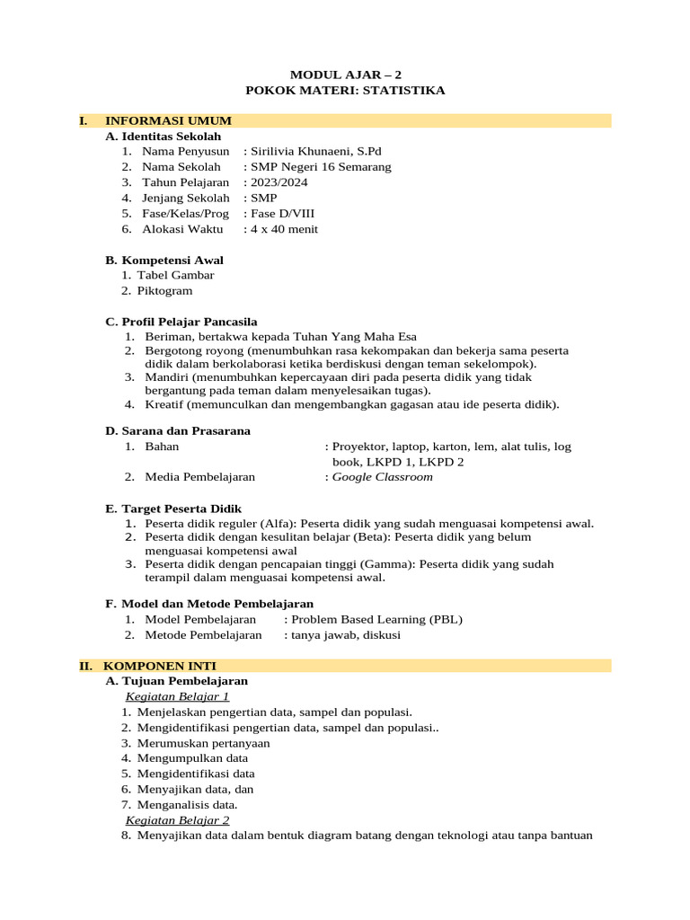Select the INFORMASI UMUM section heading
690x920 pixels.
coord(168,120)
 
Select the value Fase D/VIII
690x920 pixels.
coord(282,214)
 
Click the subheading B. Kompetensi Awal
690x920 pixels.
coord(164,261)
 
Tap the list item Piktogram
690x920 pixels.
coord(164,291)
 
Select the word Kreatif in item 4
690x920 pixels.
coord(164,404)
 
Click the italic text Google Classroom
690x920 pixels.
coord(383,477)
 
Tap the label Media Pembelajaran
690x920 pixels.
coord(199,477)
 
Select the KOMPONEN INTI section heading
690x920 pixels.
coord(159,666)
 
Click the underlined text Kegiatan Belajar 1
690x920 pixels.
coord(178,696)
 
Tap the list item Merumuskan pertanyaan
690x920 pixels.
coord(203,743)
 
